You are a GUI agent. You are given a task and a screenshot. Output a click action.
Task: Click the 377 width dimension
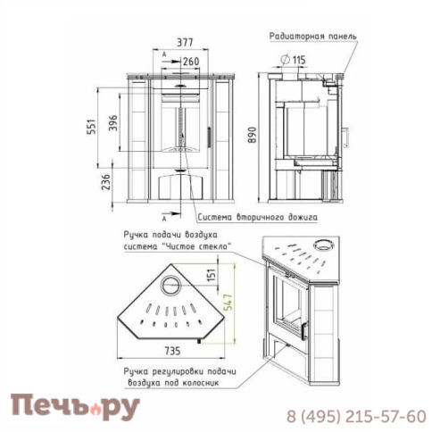point(185,43)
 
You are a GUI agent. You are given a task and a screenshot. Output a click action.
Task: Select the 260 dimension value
point(191,62)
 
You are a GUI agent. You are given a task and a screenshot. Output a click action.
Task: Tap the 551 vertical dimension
point(92,127)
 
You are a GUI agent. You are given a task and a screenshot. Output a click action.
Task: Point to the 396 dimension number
point(112,123)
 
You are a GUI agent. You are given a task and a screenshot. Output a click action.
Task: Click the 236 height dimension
point(105,182)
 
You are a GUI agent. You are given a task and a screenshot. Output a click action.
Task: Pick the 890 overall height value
point(252,135)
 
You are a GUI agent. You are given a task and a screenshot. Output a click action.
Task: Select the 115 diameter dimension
point(294,60)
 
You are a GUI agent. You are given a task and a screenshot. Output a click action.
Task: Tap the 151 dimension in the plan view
point(211,275)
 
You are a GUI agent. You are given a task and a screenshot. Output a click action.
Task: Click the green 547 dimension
point(228,303)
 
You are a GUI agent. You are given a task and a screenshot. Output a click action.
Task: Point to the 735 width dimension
point(172,351)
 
